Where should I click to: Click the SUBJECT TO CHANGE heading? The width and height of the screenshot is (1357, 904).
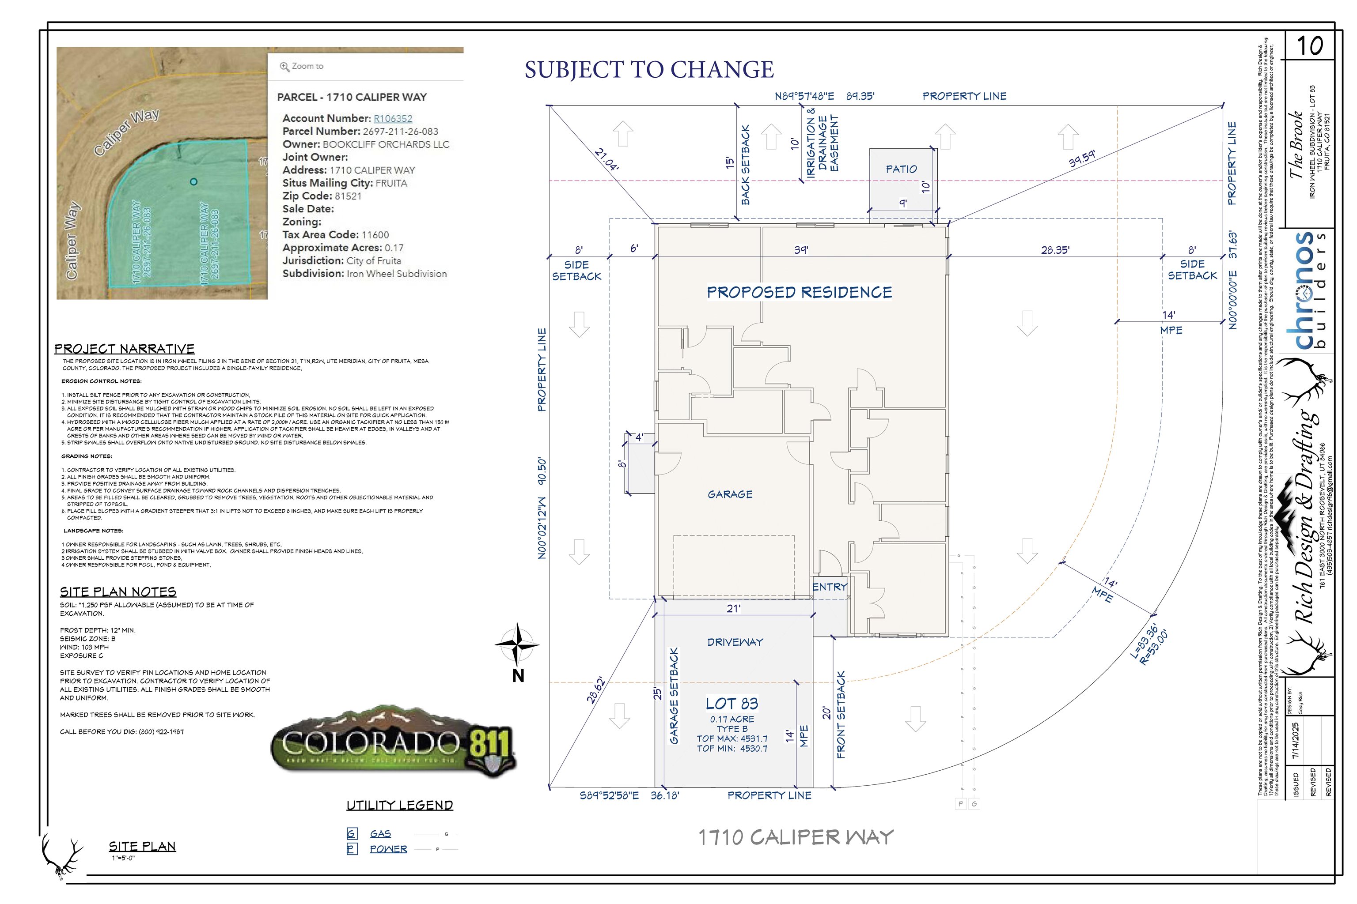click(648, 70)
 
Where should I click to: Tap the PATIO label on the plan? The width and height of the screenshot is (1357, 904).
click(901, 169)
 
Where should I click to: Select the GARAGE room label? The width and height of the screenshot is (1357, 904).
click(730, 494)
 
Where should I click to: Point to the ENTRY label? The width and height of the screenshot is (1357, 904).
click(829, 587)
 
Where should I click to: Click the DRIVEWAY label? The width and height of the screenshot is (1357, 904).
click(735, 642)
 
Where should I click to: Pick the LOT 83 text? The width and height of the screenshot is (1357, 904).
click(732, 703)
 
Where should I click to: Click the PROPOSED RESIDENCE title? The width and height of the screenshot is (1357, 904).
click(799, 292)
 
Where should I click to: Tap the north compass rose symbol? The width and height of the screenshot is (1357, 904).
click(518, 644)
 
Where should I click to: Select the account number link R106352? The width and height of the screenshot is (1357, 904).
click(393, 118)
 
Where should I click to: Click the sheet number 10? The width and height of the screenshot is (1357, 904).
click(1309, 46)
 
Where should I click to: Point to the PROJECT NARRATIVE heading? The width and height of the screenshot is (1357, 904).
click(124, 349)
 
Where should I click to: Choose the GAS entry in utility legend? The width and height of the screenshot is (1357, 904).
click(380, 834)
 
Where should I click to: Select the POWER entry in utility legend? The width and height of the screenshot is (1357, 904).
click(388, 849)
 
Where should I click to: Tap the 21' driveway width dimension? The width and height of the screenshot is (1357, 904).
click(733, 608)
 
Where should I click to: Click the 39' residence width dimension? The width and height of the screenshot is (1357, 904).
click(801, 250)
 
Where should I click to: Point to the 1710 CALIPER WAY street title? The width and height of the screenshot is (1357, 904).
click(796, 837)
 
